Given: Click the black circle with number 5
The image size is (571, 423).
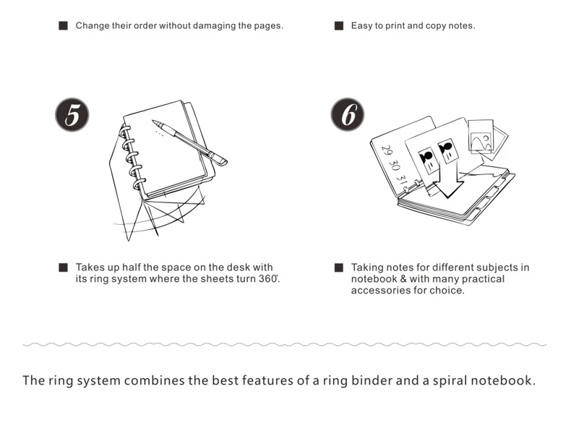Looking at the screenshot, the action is [x=72, y=116].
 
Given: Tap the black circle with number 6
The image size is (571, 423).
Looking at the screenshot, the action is [x=348, y=116].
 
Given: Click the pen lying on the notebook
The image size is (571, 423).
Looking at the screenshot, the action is [x=189, y=142].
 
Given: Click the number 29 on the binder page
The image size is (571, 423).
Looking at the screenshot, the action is [x=387, y=153].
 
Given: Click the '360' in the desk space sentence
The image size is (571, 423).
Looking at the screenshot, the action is [x=267, y=279].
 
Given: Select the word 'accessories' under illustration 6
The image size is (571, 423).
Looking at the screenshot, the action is [x=379, y=291].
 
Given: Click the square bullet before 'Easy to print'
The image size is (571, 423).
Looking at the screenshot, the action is [x=338, y=26].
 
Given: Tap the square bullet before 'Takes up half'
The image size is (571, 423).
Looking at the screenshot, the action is [x=63, y=268].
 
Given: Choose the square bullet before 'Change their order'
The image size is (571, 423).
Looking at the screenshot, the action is [x=63, y=26].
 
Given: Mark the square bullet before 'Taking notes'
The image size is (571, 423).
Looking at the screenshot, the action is [x=338, y=268].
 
